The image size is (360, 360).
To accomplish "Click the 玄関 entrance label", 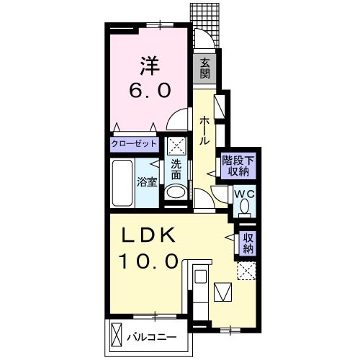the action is pyautogui.click(x=205, y=68).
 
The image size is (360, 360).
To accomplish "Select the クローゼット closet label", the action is pyautogui.click(x=134, y=144).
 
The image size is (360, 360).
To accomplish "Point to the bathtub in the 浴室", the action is pyautogui.click(x=122, y=183).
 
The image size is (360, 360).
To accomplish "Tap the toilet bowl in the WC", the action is pyautogui.click(x=245, y=207).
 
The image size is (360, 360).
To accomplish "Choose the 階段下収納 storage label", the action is pyautogui.click(x=238, y=166).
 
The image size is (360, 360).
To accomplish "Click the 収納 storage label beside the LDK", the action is pyautogui.click(x=248, y=243).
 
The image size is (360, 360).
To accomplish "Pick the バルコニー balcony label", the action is pyautogui.click(x=152, y=338).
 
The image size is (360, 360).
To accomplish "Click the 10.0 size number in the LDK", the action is pyautogui.click(x=149, y=261).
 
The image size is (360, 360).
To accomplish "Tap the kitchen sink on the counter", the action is pyautogui.click(x=201, y=276).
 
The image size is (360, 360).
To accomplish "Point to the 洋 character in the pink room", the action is pyautogui.click(x=150, y=66).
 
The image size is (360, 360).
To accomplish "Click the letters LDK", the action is pyautogui.click(x=148, y=235).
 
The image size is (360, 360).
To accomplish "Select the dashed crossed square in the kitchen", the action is pyautogui.click(x=246, y=271).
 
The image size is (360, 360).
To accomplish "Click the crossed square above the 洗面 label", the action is pyautogui.click(x=176, y=146).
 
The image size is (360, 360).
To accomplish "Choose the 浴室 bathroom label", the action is pyautogui.click(x=147, y=181).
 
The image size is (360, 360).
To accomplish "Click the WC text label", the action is pyautogui.click(x=244, y=194).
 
